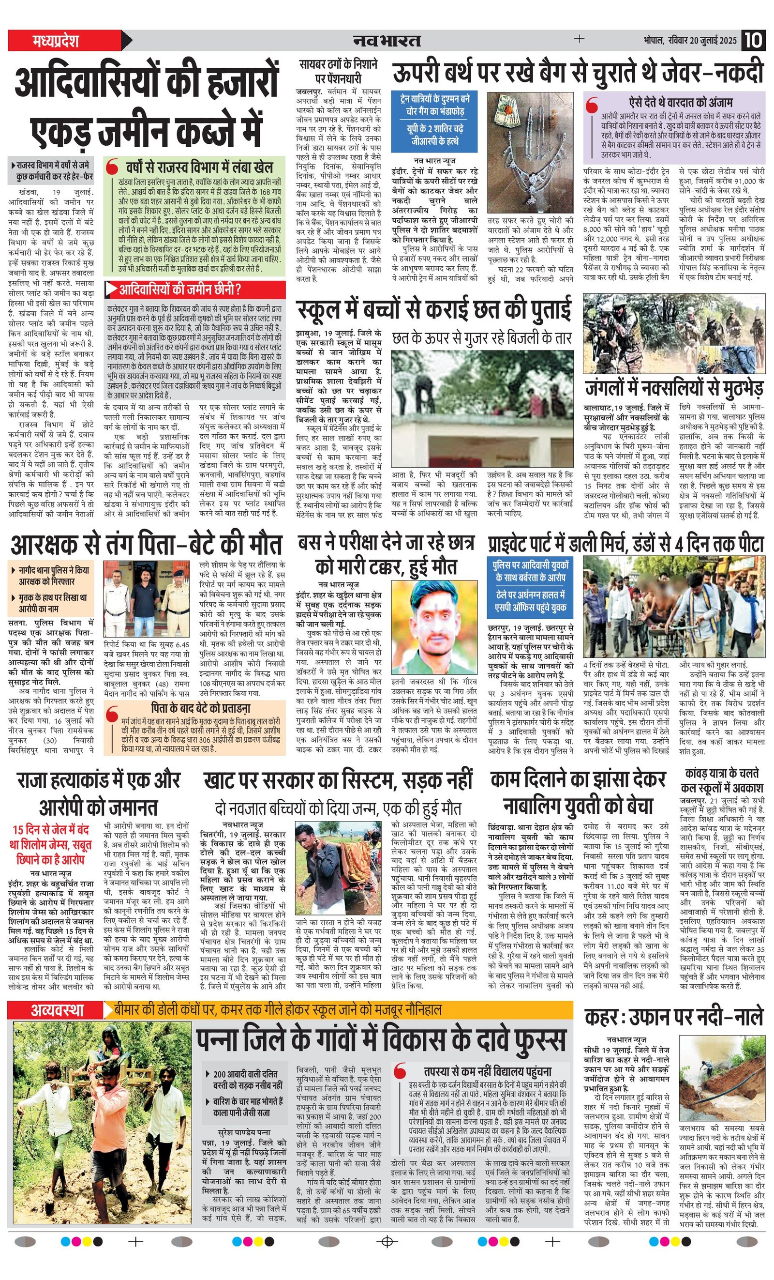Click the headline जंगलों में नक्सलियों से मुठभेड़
(x=674, y=388)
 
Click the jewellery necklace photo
(x=530, y=152)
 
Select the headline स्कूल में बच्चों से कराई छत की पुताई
(x=434, y=310)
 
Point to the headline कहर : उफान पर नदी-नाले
(x=674, y=1017)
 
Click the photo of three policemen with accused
(x=146, y=599)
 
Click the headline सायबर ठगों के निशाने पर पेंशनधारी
(x=338, y=71)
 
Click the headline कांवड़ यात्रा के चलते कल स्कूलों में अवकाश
(x=722, y=780)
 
